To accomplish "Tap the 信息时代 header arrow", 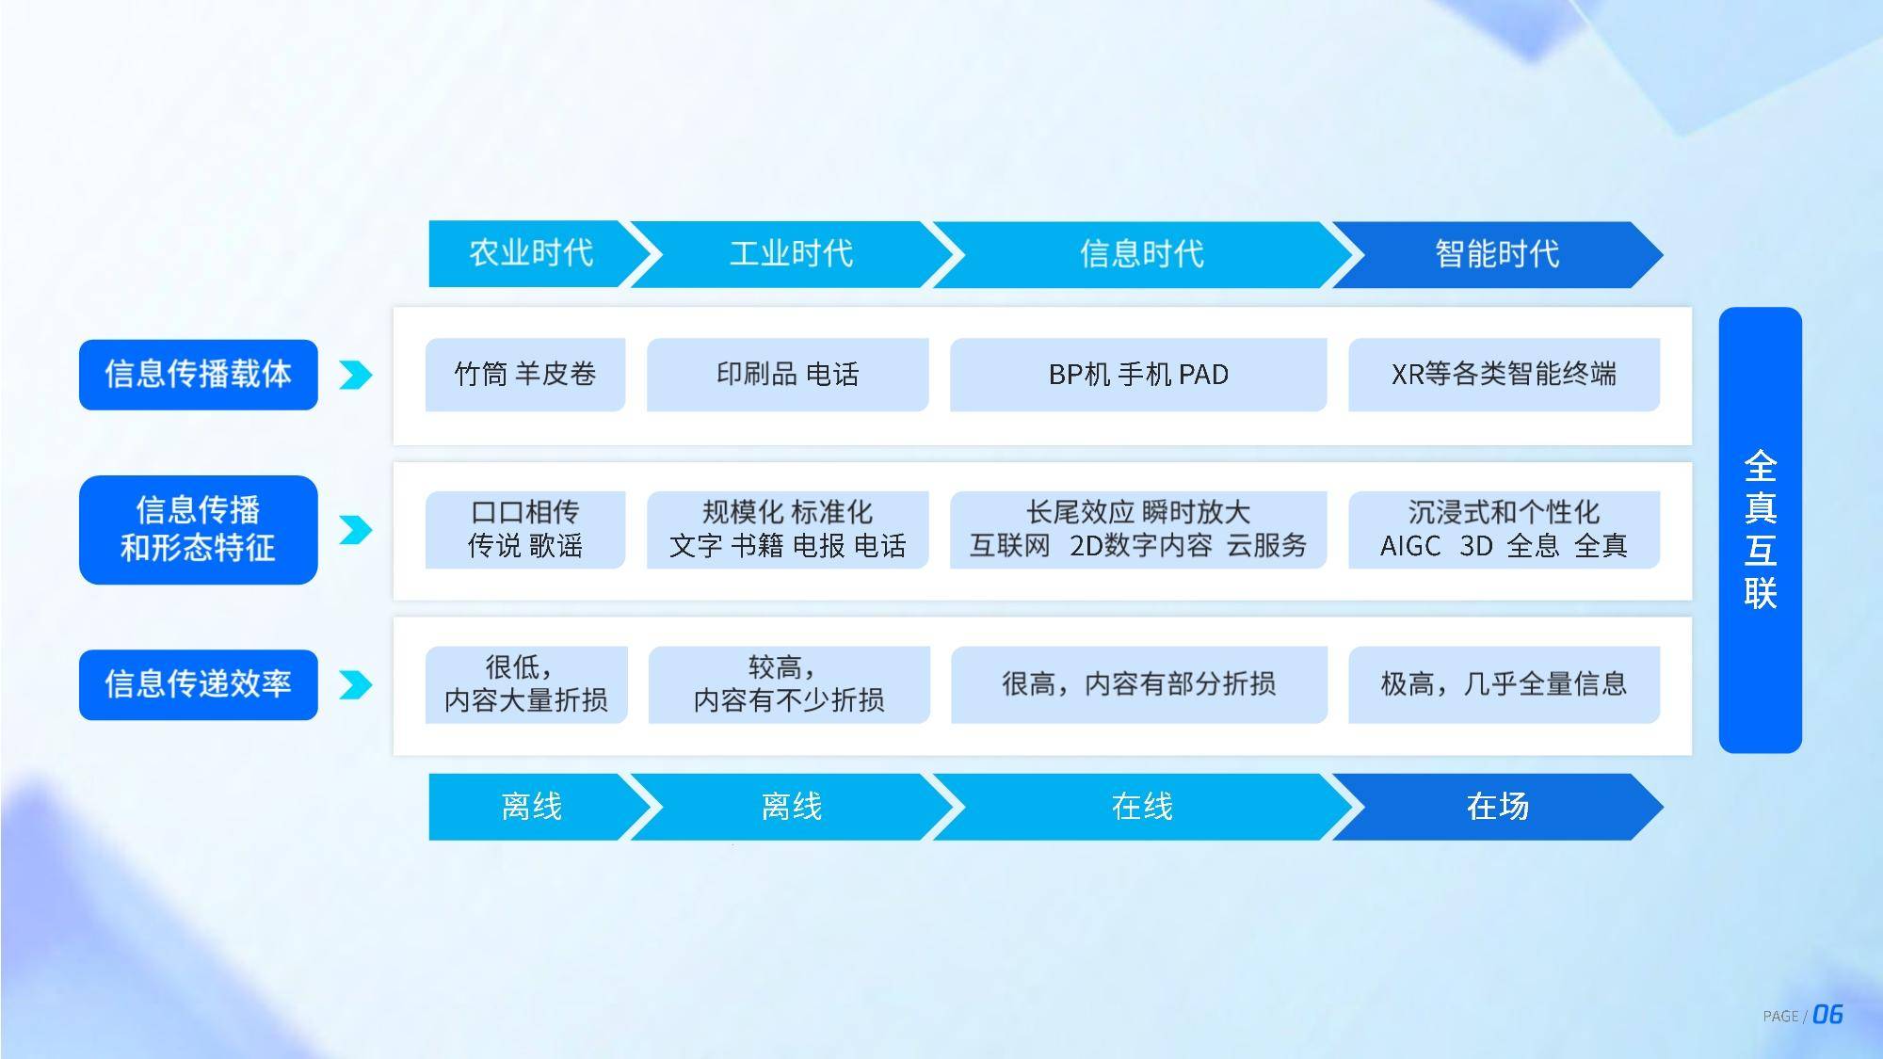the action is tap(1142, 254).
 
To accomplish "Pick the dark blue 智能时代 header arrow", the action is tap(1497, 254).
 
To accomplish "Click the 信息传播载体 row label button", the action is tap(199, 375).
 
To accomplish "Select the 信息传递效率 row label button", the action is tap(199, 684).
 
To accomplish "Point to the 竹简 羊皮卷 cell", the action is tap(525, 375).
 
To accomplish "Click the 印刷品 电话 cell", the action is tap(788, 375).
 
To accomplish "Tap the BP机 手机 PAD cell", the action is tap(1138, 375).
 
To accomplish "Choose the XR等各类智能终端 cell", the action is tap(1504, 375).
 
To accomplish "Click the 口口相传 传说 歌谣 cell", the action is tap(525, 529).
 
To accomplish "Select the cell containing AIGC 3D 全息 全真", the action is tap(1504, 529).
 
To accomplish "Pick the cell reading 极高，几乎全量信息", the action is tap(1504, 684).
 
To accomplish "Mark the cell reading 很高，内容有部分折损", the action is tap(1139, 684).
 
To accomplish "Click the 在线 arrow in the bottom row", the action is tap(1142, 807).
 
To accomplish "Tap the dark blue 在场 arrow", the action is tap(1497, 807).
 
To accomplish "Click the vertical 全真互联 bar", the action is tap(1761, 530).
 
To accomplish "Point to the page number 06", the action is tap(1827, 1015).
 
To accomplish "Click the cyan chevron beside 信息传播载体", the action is tap(356, 376).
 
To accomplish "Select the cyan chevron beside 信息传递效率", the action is tap(356, 685).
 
